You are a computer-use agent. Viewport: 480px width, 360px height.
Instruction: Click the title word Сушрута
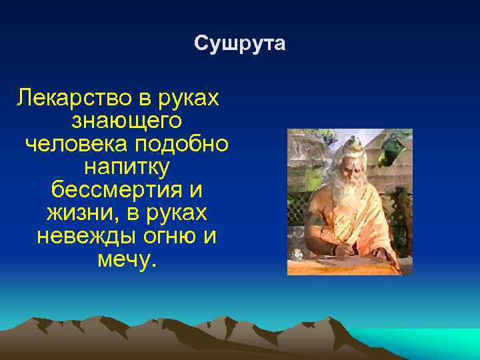240,44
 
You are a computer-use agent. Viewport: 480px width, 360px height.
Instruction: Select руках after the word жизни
174,213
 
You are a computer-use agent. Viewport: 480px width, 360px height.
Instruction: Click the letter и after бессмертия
195,189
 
